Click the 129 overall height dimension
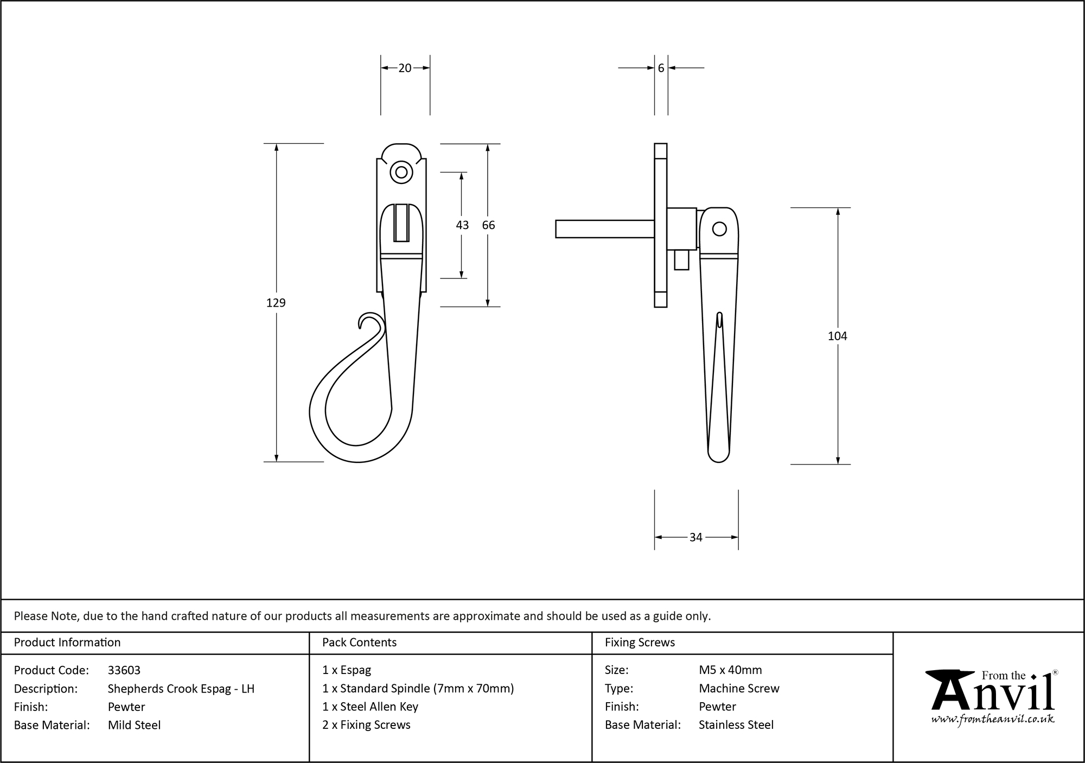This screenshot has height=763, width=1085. pyautogui.click(x=276, y=303)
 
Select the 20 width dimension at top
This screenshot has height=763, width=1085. pyautogui.click(x=405, y=68)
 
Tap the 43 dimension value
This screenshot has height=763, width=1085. pyautogui.click(x=462, y=225)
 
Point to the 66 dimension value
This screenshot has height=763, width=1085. pyautogui.click(x=488, y=225)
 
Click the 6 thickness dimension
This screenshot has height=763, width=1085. pyautogui.click(x=661, y=68)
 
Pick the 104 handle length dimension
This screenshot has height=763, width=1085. pyautogui.click(x=837, y=336)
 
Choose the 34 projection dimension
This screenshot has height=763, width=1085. pyautogui.click(x=695, y=537)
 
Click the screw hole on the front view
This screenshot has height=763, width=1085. pyautogui.click(x=401, y=173)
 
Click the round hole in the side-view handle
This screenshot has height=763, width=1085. pyautogui.click(x=719, y=229)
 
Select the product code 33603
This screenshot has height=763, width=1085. pyautogui.click(x=124, y=670)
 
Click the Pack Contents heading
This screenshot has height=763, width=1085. pyautogui.click(x=359, y=643)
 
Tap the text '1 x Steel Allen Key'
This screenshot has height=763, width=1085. pyautogui.click(x=370, y=707)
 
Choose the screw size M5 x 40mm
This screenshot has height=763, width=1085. pyautogui.click(x=730, y=670)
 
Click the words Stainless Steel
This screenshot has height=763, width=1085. pyautogui.click(x=736, y=725)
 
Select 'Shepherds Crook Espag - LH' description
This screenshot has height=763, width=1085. pyautogui.click(x=181, y=689)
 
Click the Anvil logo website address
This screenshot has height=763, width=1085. pyautogui.click(x=993, y=720)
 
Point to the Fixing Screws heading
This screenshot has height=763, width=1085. pyautogui.click(x=640, y=643)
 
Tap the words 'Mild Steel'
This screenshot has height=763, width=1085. pyautogui.click(x=134, y=725)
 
